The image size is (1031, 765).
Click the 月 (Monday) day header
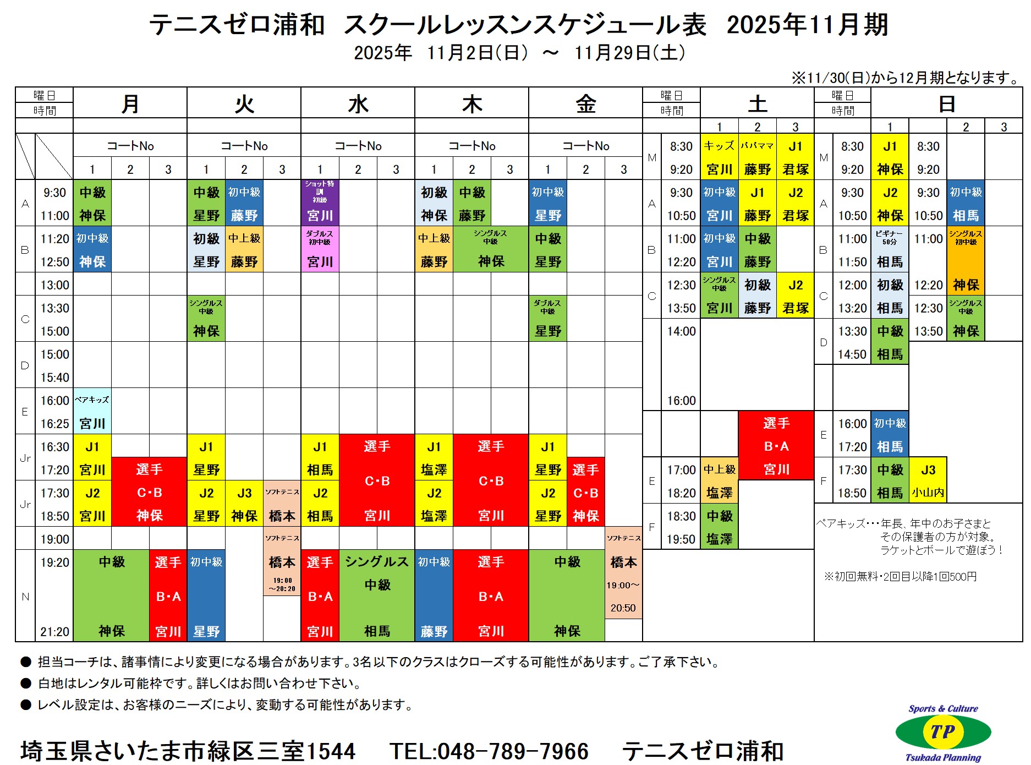(x=130, y=103)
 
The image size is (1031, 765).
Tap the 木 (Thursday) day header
(x=471, y=103)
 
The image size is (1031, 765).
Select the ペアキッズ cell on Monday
(x=92, y=411)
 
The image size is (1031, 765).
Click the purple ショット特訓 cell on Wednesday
(x=320, y=203)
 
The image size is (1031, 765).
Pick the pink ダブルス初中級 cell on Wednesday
(x=320, y=249)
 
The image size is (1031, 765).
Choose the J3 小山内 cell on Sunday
(x=928, y=480)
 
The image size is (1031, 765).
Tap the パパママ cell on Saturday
(x=757, y=157)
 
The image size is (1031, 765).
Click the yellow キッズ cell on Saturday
(x=719, y=157)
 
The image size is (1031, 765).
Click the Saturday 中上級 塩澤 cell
(x=719, y=480)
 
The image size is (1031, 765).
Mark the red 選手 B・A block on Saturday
(x=776, y=445)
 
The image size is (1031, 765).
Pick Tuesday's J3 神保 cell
(x=244, y=504)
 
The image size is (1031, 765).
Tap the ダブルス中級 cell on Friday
(x=547, y=318)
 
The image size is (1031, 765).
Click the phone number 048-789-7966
(x=489, y=751)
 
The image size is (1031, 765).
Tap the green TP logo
(x=943, y=732)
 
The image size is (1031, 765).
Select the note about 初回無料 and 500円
(x=900, y=576)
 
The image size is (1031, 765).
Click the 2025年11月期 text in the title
(x=807, y=25)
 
